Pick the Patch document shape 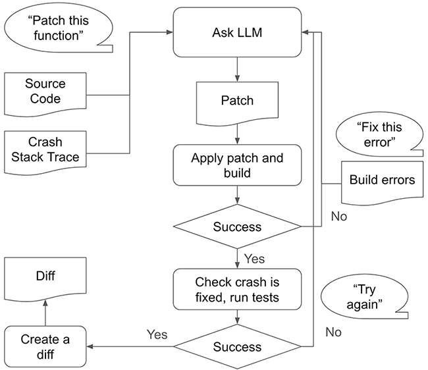click(236, 102)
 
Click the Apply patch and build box click(236, 165)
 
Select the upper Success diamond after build click(236, 227)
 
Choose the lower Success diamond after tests click(236, 347)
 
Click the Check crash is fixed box click(236, 289)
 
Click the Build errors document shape click(382, 180)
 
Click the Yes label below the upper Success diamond click(254, 258)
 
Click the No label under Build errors click(339, 215)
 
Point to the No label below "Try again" click(333, 332)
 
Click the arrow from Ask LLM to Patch click(236, 68)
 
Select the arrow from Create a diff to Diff click(44, 313)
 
